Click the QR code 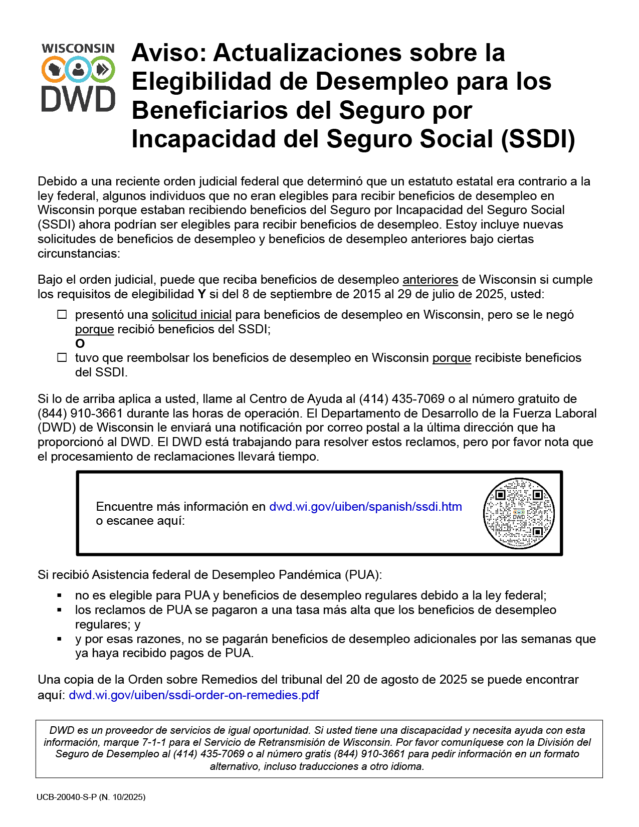click(x=519, y=513)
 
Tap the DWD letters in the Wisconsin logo click(x=78, y=99)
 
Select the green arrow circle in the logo click(x=103, y=69)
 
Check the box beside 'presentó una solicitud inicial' click(x=62, y=315)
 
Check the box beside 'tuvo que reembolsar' click(x=62, y=358)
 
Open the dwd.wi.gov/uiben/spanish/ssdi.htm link click(x=365, y=507)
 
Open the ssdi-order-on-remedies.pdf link click(x=193, y=695)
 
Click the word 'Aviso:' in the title click(x=169, y=53)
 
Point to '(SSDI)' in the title click(x=538, y=139)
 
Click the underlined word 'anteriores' click(x=430, y=280)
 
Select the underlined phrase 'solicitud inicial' click(x=191, y=315)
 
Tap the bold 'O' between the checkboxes click(x=80, y=344)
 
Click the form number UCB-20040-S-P click(x=66, y=797)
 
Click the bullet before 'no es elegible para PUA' click(x=60, y=595)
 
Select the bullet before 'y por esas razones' click(x=60, y=639)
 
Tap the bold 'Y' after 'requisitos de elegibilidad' click(x=201, y=294)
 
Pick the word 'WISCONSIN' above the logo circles click(x=78, y=48)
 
